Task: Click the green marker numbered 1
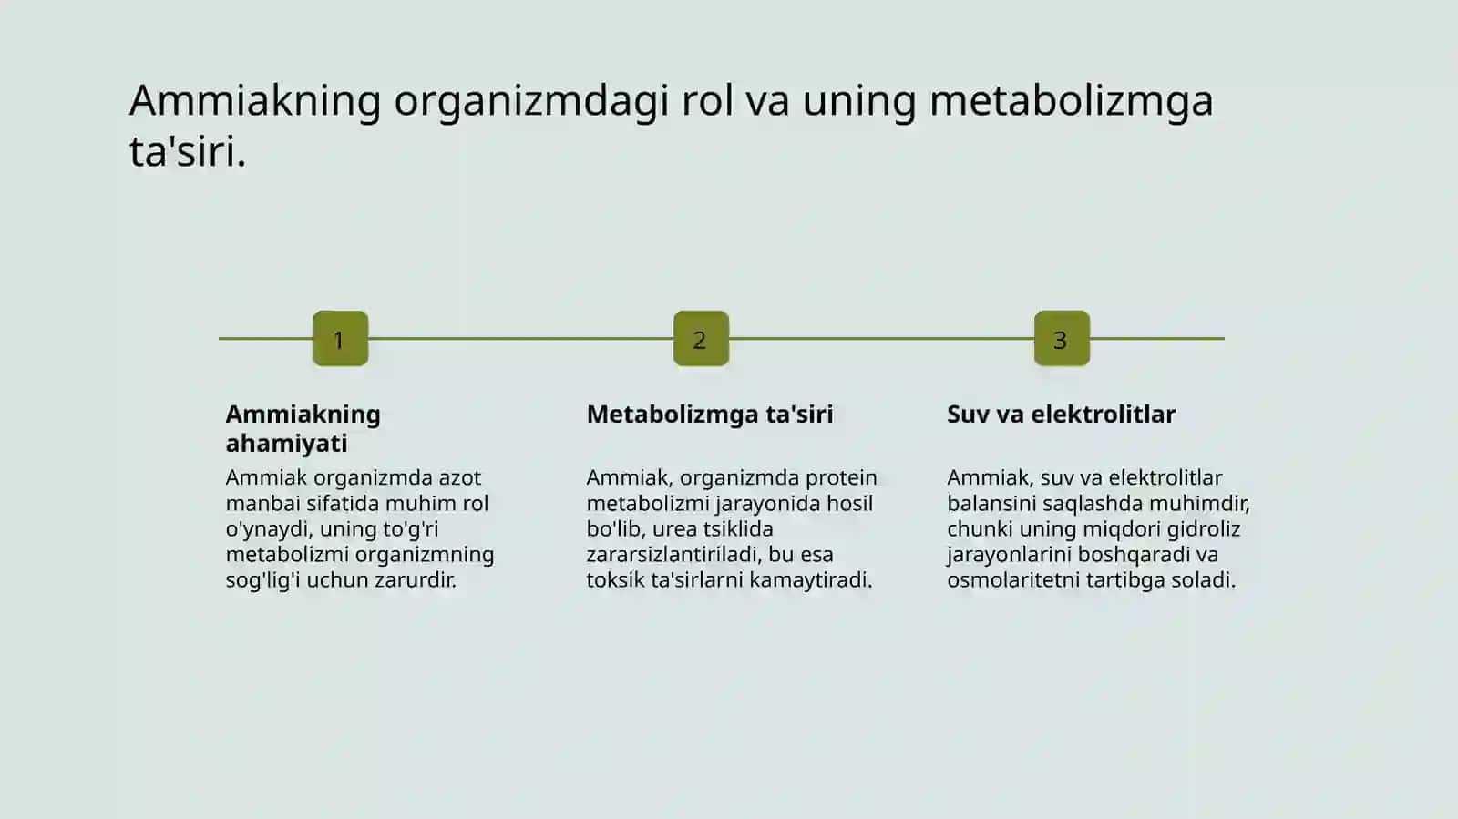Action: coord(341,339)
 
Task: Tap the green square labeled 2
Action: coord(701,339)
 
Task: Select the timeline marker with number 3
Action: coord(1062,339)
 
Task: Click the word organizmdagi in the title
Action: coord(531,102)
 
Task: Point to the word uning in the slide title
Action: coord(858,102)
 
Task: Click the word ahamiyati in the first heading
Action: coord(286,444)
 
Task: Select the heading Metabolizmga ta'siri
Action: coord(710,415)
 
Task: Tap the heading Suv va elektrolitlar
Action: coord(1061,415)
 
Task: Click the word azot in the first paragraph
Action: coord(459,478)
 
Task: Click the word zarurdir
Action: coord(416,580)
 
